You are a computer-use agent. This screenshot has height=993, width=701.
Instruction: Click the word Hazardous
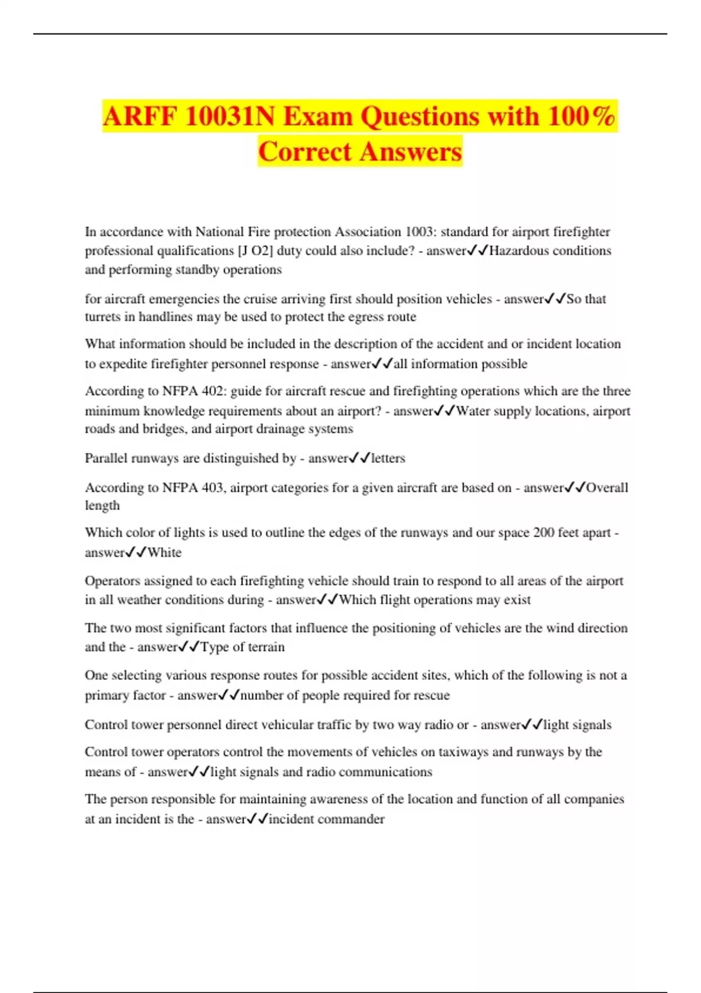pyautogui.click(x=518, y=251)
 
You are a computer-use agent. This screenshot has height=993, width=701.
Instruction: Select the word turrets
pyautogui.click(x=103, y=317)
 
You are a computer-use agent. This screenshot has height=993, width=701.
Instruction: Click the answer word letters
pyautogui.click(x=388, y=458)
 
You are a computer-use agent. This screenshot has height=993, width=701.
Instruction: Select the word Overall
pyautogui.click(x=607, y=487)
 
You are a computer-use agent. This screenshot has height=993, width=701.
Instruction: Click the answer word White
pyautogui.click(x=164, y=553)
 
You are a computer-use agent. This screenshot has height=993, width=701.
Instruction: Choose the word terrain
pyautogui.click(x=266, y=647)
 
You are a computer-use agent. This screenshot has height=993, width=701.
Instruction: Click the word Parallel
pyautogui.click(x=106, y=458)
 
